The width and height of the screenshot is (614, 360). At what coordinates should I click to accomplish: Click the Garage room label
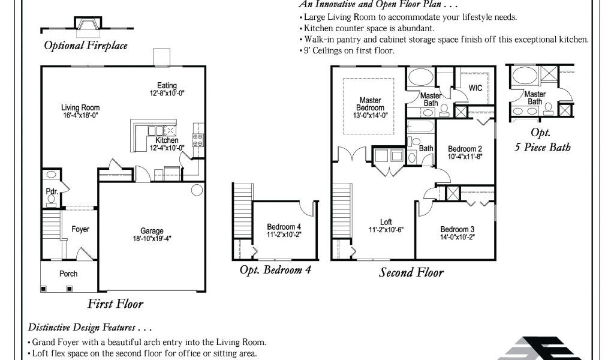pos(152,231)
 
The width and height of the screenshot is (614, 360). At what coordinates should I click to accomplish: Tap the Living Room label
pos(80,108)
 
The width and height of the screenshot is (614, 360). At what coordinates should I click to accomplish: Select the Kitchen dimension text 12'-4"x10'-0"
pos(167,148)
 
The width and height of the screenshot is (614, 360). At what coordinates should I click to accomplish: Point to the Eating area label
pos(167,85)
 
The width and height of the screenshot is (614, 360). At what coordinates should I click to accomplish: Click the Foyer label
pos(80,229)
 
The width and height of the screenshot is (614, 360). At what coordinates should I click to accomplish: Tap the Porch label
pos(68,274)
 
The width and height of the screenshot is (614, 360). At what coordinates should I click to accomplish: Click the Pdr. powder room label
pos(52,191)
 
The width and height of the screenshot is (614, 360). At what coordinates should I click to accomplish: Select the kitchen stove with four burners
pos(198,140)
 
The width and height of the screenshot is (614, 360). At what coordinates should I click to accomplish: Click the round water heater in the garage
pos(197,190)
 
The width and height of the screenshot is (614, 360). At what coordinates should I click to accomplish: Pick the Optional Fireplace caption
pos(86,46)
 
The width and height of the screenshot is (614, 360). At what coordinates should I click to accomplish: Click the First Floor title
pos(115,304)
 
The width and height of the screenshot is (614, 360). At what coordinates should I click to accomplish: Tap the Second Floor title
pos(411,272)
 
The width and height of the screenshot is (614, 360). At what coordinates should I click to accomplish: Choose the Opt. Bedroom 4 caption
pos(275,270)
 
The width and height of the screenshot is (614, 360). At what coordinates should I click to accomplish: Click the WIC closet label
pos(475,88)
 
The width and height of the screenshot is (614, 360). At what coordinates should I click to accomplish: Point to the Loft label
pos(386,222)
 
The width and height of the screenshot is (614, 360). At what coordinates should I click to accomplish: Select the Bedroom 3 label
pos(457,230)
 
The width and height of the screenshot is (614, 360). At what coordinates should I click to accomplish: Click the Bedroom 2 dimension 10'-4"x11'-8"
pos(465,157)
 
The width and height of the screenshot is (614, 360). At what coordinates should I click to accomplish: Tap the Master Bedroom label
pos(370,104)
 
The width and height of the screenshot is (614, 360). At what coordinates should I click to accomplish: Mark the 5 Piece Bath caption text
pos(542,147)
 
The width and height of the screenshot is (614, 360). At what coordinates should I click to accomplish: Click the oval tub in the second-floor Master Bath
pos(420,77)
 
